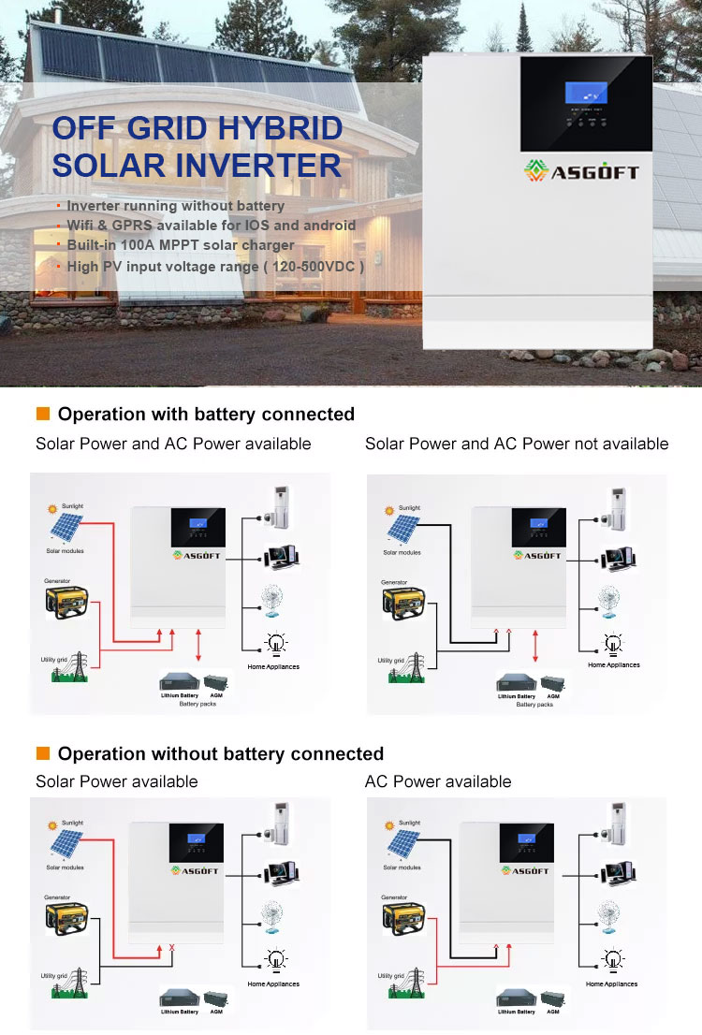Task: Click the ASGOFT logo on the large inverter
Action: click(x=581, y=171)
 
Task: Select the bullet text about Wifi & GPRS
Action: click(x=212, y=225)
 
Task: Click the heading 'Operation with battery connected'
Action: click(x=206, y=414)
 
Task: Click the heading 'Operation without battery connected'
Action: click(x=221, y=753)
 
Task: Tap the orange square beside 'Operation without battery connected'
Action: click(x=42, y=753)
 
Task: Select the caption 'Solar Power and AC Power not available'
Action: click(x=517, y=444)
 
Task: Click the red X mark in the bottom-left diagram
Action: click(x=171, y=949)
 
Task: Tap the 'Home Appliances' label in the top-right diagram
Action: click(x=614, y=665)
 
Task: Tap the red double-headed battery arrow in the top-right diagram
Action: click(x=534, y=647)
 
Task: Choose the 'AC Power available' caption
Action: click(x=438, y=781)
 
